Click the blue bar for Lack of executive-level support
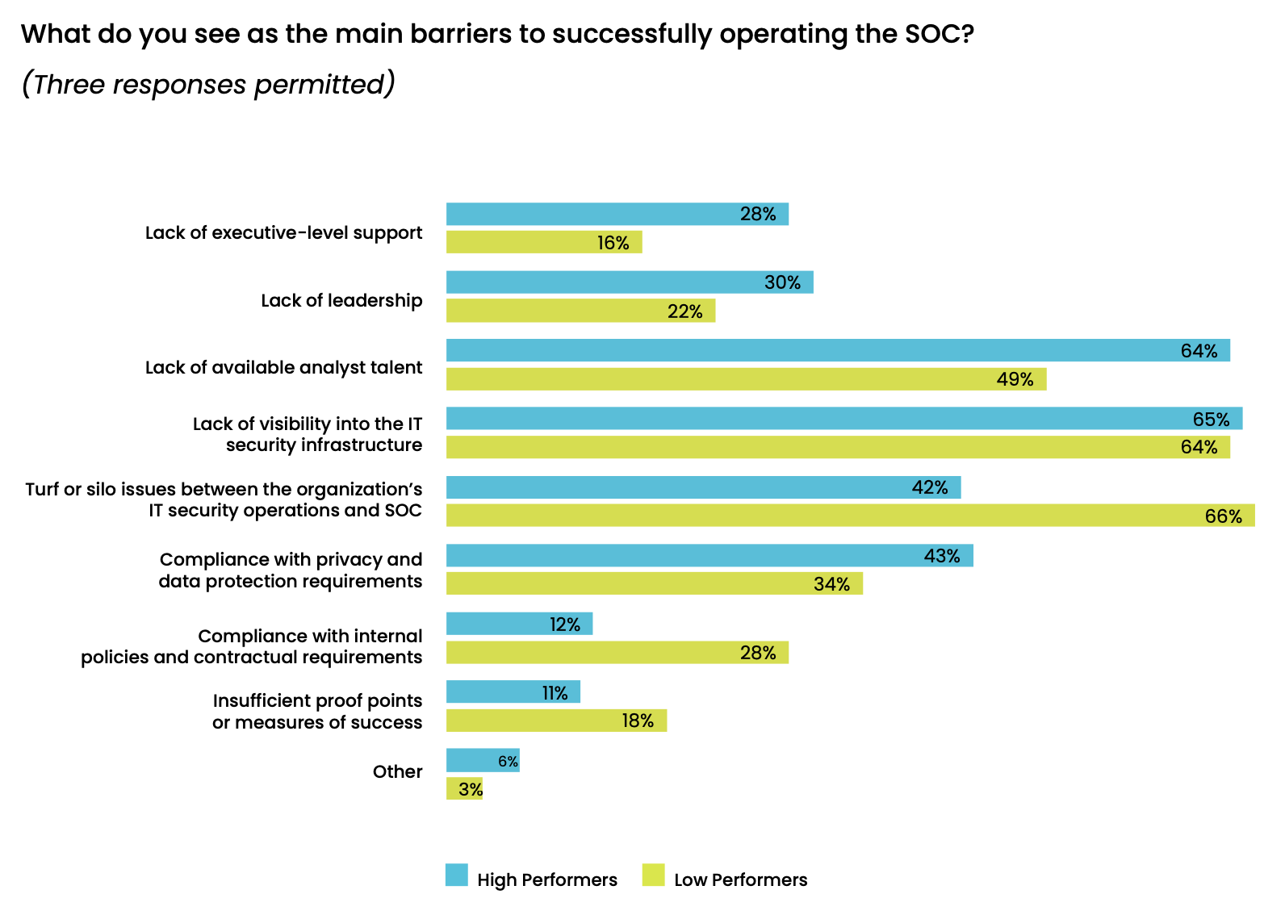pyautogui.click(x=617, y=214)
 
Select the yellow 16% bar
pyautogui.click(x=543, y=242)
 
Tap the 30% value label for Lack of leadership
pyautogui.click(x=782, y=282)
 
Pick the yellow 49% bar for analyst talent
pyautogui.click(x=746, y=379)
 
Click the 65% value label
pyautogui.click(x=1211, y=419)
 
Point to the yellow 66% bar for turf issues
pyautogui.click(x=850, y=516)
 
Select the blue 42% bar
pyautogui.click(x=703, y=487)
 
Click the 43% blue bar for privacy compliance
pyautogui.click(x=709, y=556)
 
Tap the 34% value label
pyautogui.click(x=831, y=584)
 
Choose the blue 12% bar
pyautogui.click(x=519, y=624)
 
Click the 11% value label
pyautogui.click(x=555, y=693)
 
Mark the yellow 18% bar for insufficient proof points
pyautogui.click(x=556, y=721)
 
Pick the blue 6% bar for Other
pyautogui.click(x=482, y=761)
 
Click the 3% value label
pyautogui.click(x=470, y=789)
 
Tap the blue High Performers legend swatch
pyautogui.click(x=457, y=875)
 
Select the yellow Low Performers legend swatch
pyautogui.click(x=653, y=875)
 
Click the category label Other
pyautogui.click(x=397, y=772)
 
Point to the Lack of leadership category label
pyautogui.click(x=341, y=301)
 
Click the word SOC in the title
pyautogui.click(x=927, y=34)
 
